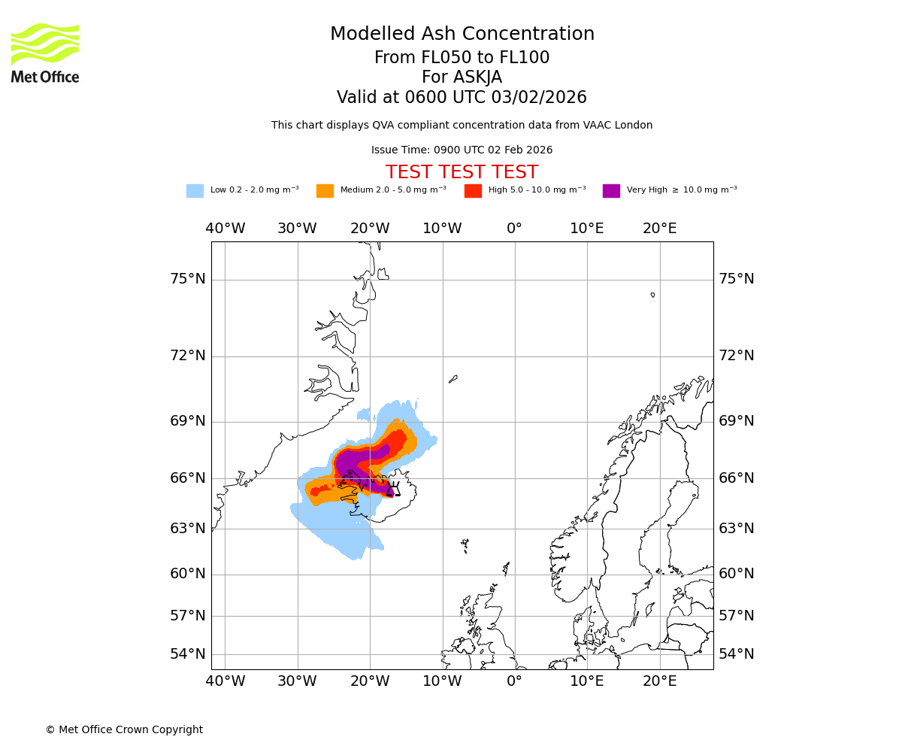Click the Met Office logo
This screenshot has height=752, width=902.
45,53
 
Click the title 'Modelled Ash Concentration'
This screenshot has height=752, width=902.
462,34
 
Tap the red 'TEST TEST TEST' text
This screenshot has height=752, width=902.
462,172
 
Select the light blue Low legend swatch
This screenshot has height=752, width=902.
195,190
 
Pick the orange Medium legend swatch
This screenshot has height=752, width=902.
325,190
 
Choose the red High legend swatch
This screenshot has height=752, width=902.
473,190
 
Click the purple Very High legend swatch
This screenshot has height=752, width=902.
611,190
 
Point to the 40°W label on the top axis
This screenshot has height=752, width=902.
225,229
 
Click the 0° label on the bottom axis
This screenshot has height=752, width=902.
514,681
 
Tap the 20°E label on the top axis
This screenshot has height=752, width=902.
659,229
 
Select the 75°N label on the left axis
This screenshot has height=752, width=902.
188,279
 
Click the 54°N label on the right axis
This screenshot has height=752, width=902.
737,653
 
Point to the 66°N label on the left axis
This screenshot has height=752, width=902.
188,478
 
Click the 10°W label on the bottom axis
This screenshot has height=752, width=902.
442,681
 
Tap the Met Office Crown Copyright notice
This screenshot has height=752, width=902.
124,729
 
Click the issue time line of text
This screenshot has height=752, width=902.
462,150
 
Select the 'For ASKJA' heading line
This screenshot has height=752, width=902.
462,77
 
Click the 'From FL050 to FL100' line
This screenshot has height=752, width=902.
462,58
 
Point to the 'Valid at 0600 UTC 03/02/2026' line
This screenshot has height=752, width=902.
462,97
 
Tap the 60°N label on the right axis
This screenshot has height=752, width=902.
737,573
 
